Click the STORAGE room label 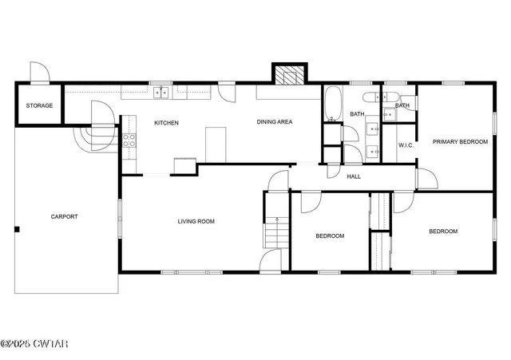pyautogui.click(x=39, y=105)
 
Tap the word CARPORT pyautogui.click(x=64, y=216)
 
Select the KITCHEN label pyautogui.click(x=166, y=123)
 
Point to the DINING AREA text pyautogui.click(x=274, y=122)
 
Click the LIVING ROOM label pyautogui.click(x=196, y=221)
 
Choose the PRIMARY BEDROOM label pyautogui.click(x=460, y=142)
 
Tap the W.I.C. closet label pyautogui.click(x=405, y=144)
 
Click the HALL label pyautogui.click(x=354, y=176)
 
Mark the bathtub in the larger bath pyautogui.click(x=333, y=103)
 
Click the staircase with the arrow pyautogui.click(x=275, y=232)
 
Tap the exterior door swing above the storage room pyautogui.click(x=39, y=72)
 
